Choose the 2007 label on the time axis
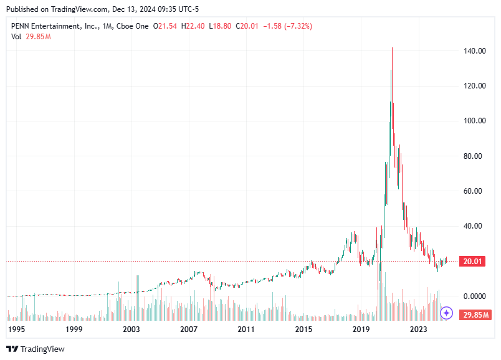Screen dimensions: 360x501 coord(189,328)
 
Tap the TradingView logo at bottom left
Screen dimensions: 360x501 coord(36,349)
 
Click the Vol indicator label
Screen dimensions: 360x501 coord(16,36)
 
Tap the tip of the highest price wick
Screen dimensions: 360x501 coord(392,48)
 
